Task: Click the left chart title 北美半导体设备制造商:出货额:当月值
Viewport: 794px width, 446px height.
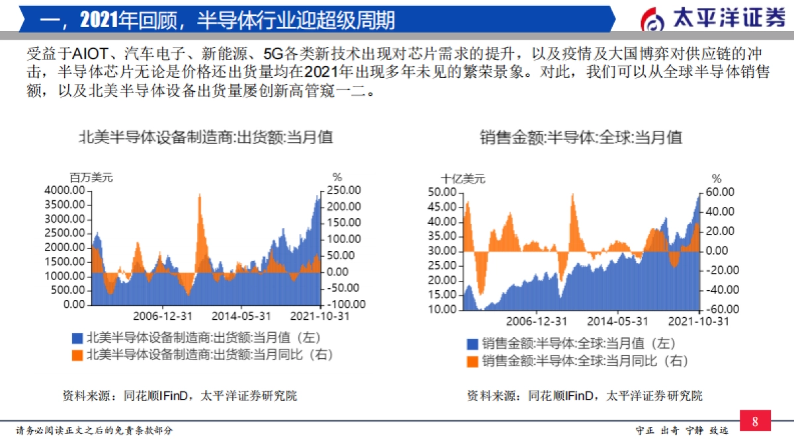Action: pyautogui.click(x=206, y=137)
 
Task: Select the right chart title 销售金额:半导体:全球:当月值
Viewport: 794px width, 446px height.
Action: pyautogui.click(x=580, y=137)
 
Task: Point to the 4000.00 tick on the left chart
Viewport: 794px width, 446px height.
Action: pyautogui.click(x=64, y=190)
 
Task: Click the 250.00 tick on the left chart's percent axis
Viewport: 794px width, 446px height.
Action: pyautogui.click(x=344, y=190)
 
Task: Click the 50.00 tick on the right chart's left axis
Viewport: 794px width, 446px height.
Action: pyautogui.click(x=442, y=192)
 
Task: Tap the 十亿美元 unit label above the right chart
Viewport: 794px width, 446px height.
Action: pyautogui.click(x=463, y=178)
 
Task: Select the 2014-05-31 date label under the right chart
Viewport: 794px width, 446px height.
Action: pyautogui.click(x=618, y=321)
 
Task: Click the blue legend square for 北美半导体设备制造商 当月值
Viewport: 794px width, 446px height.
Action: pyautogui.click(x=77, y=338)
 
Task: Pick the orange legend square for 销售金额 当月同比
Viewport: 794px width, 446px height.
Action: pyautogui.click(x=472, y=361)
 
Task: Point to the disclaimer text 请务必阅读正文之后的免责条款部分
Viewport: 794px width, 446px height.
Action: pyautogui.click(x=94, y=431)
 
